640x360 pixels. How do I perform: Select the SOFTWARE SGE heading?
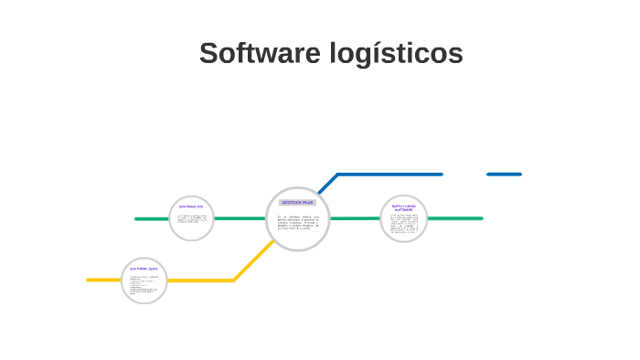[x=191, y=206]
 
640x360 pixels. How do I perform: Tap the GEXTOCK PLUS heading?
[x=297, y=202]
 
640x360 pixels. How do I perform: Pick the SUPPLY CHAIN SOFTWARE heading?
[x=404, y=207]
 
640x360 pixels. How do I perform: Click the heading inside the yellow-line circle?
[x=144, y=270]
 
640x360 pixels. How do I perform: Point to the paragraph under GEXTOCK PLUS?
[x=297, y=223]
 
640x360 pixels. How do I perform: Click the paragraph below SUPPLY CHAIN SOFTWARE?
[x=404, y=225]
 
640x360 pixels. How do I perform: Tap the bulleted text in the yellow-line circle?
[x=144, y=284]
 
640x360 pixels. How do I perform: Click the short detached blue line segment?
[x=504, y=174]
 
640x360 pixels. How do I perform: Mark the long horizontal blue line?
[x=389, y=174]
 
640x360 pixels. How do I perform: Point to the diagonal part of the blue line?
[x=328, y=183]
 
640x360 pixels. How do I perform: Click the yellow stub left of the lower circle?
[x=103, y=280]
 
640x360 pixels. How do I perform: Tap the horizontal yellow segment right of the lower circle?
[x=200, y=280]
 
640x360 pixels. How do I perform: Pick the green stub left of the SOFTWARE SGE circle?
[x=152, y=218]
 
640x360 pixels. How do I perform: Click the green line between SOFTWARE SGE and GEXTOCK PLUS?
[x=240, y=218]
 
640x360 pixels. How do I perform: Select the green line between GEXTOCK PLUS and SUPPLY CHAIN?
[x=355, y=218]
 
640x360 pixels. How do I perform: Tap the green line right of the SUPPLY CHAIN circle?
[x=454, y=218]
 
